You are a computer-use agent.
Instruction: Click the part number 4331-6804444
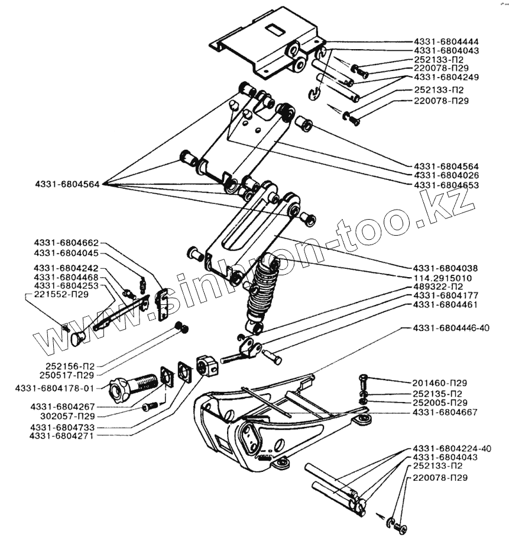click(446, 42)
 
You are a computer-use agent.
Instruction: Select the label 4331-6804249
click(446, 77)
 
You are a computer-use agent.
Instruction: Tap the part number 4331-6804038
click(446, 268)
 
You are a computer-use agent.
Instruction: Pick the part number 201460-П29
click(440, 382)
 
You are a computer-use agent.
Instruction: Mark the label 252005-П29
click(440, 402)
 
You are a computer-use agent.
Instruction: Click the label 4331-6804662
click(66, 243)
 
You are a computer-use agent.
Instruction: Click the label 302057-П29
click(67, 417)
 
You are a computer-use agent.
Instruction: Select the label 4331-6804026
click(446, 176)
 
